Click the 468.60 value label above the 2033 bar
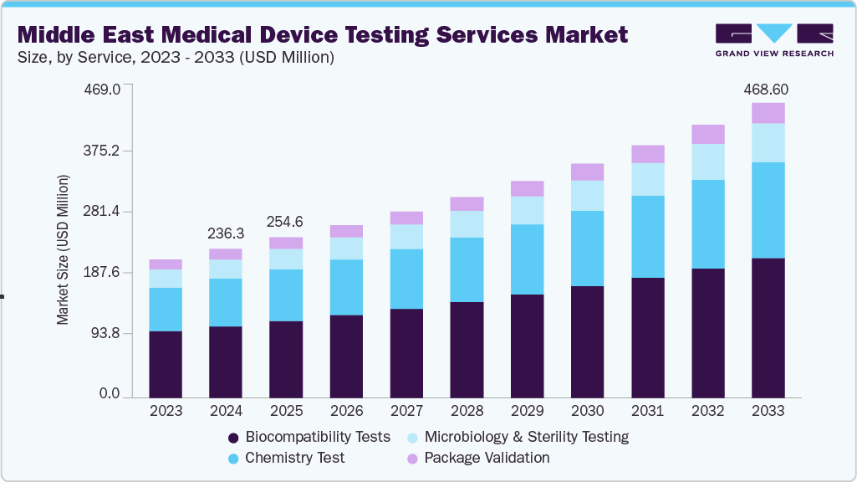(768, 90)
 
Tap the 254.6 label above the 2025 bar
(286, 223)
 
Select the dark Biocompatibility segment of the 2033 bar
(768, 326)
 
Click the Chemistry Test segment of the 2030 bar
(587, 248)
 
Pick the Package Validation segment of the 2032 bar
(707, 134)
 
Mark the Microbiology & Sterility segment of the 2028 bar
(467, 223)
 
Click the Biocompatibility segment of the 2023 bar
(166, 363)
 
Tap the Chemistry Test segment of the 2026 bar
(346, 287)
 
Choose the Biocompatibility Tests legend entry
(309, 437)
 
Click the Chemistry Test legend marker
(234, 459)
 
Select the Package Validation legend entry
(478, 458)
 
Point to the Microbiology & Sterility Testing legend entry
(518, 437)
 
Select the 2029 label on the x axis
(527, 411)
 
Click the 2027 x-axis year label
(406, 411)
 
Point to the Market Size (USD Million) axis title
(63, 249)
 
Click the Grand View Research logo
(773, 39)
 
